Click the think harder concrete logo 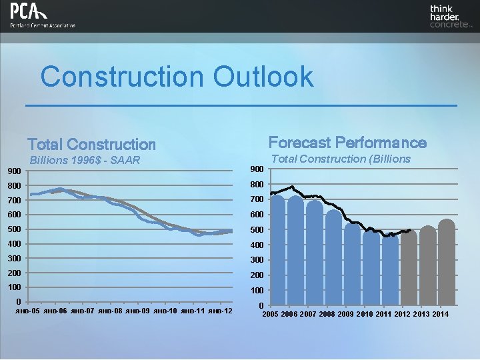(x=450, y=17)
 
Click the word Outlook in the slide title (x=263, y=76)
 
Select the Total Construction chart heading (x=91, y=144)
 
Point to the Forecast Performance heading (x=347, y=142)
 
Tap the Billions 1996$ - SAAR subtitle (x=85, y=160)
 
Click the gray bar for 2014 (x=446, y=263)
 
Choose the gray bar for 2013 (x=427, y=267)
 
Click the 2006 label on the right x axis (x=294, y=314)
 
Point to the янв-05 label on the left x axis (x=27, y=311)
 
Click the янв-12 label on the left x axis (x=220, y=311)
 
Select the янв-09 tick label (x=137, y=311)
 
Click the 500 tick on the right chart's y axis (x=257, y=230)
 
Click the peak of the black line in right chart (x=291, y=187)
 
